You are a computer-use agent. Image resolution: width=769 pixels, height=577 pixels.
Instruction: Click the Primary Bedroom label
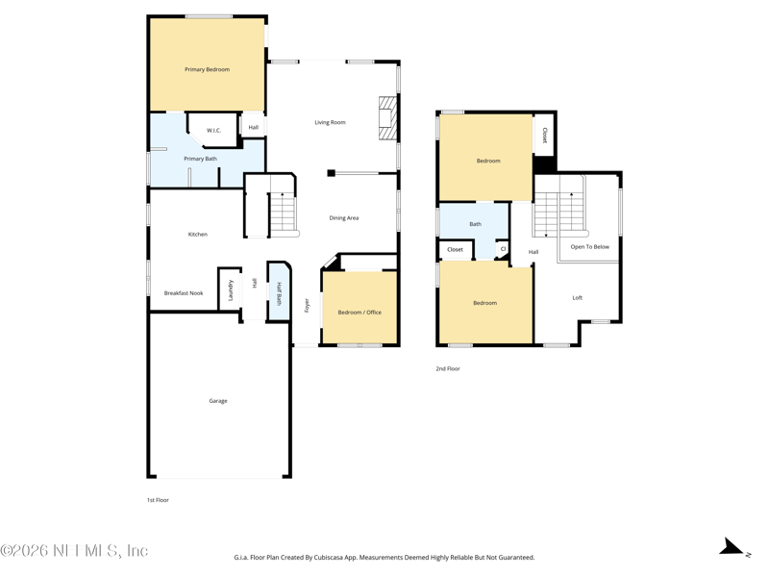(x=207, y=69)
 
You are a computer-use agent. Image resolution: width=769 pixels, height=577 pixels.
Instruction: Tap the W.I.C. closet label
(x=213, y=131)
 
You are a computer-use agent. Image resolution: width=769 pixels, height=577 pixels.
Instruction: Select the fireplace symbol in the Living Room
(x=387, y=118)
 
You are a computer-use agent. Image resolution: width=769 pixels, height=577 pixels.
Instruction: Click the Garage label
(x=218, y=401)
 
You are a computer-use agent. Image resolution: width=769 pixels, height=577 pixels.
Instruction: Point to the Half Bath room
(x=279, y=292)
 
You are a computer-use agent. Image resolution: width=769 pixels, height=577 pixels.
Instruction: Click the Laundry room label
(x=230, y=290)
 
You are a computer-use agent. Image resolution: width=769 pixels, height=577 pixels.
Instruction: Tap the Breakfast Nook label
(x=184, y=293)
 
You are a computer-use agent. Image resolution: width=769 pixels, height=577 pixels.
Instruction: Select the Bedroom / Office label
(x=360, y=312)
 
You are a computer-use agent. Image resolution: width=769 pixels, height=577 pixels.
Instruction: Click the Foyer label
(x=307, y=305)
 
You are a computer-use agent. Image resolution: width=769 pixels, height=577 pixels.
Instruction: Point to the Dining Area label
(x=344, y=218)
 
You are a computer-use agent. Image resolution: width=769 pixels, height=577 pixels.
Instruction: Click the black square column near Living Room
(x=331, y=173)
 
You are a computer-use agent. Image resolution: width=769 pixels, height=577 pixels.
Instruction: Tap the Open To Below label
(x=590, y=247)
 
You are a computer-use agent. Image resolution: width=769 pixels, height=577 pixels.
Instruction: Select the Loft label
(x=578, y=298)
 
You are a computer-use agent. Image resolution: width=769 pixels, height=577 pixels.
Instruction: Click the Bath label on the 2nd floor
(x=475, y=224)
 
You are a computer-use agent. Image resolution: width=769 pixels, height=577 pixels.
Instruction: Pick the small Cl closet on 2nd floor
(x=503, y=249)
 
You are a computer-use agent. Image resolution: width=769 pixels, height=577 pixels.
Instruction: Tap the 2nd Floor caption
(x=448, y=368)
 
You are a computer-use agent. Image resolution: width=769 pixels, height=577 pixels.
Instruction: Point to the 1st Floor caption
(x=158, y=500)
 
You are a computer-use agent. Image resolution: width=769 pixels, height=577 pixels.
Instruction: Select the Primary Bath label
(x=200, y=159)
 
